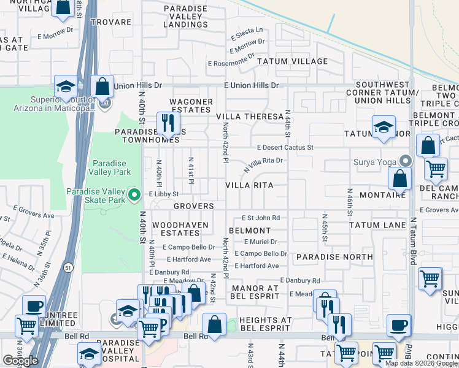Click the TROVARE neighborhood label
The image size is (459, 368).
click(x=111, y=22)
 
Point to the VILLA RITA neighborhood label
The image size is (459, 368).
click(x=249, y=185)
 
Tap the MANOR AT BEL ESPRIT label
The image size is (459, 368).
click(x=255, y=292)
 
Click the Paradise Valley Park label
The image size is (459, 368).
click(x=109, y=167)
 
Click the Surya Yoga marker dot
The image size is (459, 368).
click(x=405, y=162)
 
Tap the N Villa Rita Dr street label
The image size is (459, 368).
click(x=263, y=164)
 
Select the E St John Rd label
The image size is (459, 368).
click(x=260, y=218)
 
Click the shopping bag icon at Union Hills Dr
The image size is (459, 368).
click(x=102, y=86)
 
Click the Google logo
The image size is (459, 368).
click(x=21, y=360)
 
